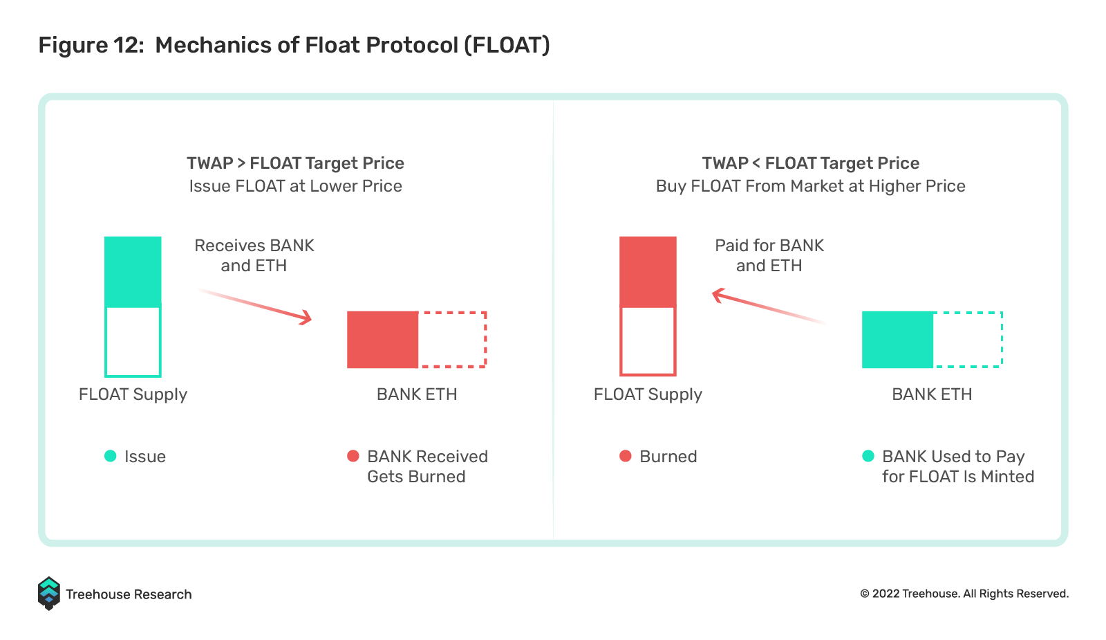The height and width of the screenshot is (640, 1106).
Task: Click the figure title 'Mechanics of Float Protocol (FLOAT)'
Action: [x=352, y=45]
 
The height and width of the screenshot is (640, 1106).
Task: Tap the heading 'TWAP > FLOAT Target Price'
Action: [x=295, y=163]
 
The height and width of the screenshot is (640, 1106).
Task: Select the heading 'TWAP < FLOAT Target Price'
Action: [x=810, y=163]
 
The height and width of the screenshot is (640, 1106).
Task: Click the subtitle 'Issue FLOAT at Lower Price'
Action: [x=295, y=186]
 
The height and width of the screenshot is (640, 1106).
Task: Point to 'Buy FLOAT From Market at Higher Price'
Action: [x=810, y=186]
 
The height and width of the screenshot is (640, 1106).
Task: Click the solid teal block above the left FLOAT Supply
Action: [x=133, y=271]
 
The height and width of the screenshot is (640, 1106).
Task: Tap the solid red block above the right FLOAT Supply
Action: [x=648, y=271]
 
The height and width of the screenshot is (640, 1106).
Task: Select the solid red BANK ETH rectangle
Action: [x=383, y=340]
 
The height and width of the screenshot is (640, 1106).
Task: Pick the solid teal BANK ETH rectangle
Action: [x=898, y=340]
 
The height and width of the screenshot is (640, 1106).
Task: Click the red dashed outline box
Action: [x=486, y=340]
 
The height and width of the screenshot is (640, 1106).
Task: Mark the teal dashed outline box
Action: [x=1002, y=340]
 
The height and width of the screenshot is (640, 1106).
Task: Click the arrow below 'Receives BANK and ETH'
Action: [x=255, y=307]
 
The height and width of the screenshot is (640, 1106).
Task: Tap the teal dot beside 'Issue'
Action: [x=111, y=456]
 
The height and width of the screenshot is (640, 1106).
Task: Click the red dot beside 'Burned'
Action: [x=626, y=456]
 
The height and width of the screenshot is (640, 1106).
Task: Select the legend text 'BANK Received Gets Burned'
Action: [x=428, y=466]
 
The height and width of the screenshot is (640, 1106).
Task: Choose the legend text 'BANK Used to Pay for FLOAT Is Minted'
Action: [x=958, y=466]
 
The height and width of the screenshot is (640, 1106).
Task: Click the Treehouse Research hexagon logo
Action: [x=48, y=594]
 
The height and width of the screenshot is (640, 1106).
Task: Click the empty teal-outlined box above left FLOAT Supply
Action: [x=106, y=342]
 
